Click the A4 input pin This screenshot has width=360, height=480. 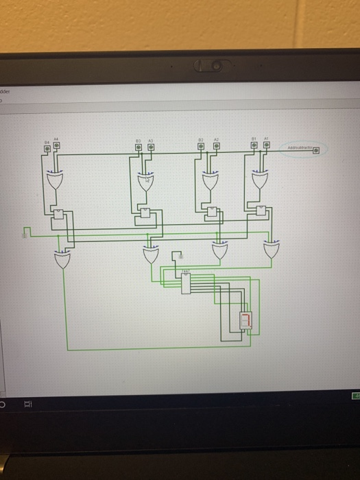[56, 145]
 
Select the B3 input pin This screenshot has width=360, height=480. [137, 146]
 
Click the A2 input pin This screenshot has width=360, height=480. [215, 146]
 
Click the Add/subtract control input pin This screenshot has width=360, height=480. [316, 149]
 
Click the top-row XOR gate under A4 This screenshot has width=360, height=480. [54, 182]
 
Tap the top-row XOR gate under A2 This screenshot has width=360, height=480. [210, 182]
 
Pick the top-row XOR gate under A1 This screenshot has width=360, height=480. [259, 182]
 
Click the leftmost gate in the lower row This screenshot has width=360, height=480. [63, 259]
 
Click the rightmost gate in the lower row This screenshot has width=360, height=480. [272, 250]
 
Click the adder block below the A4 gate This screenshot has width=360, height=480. [59, 215]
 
